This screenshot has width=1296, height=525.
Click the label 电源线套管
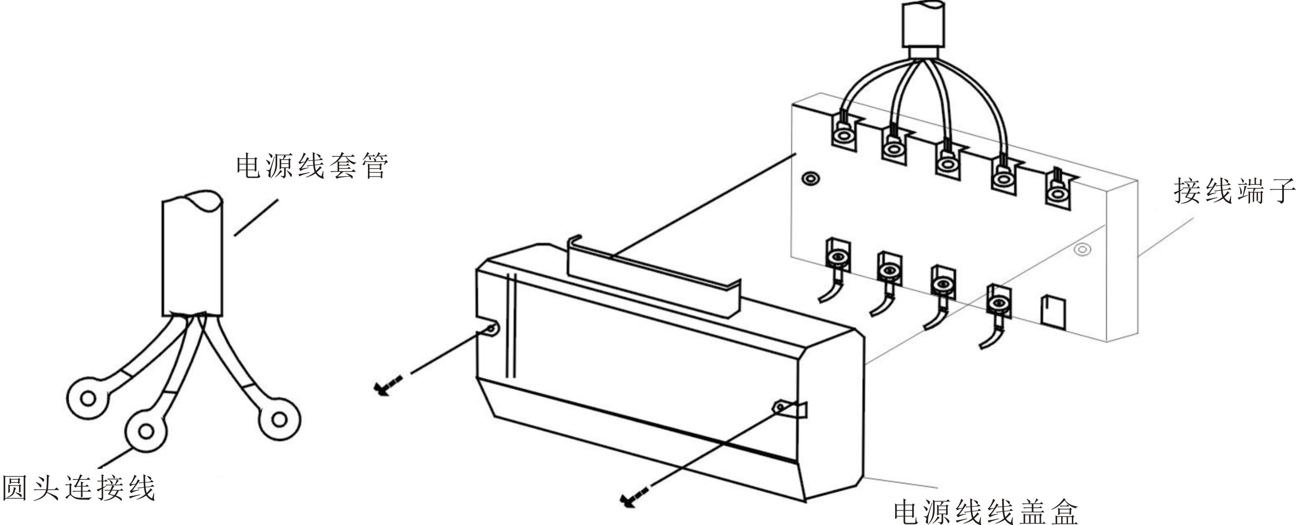(x=312, y=166)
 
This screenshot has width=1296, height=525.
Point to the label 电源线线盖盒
(x=986, y=511)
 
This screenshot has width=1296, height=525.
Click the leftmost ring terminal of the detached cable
(x=88, y=399)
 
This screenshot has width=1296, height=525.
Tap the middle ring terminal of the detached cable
(x=146, y=431)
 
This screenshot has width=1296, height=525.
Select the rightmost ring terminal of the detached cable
(x=279, y=418)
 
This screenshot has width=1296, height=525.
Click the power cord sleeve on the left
(x=192, y=257)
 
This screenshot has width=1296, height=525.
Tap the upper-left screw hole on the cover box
(x=490, y=329)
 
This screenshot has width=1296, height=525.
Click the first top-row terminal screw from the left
(x=844, y=136)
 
